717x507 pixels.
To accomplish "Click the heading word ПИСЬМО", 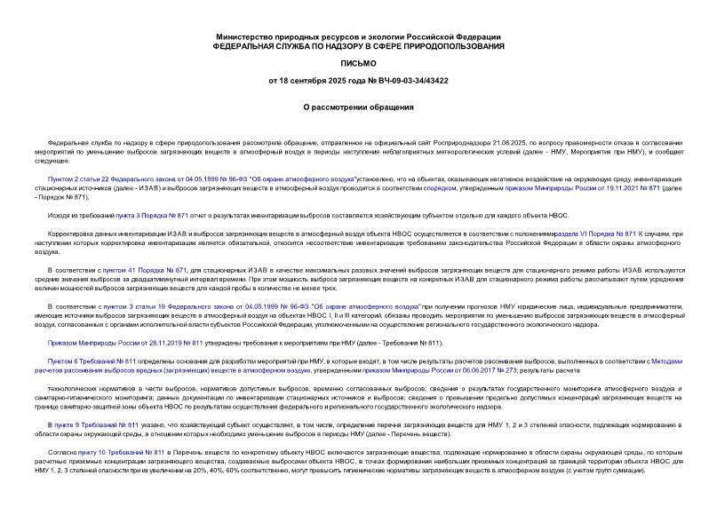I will (358, 64).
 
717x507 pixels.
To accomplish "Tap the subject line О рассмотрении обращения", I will (358, 107).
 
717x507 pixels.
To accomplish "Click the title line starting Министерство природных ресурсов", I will (358, 36).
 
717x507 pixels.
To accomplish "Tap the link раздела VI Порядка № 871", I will (599, 233).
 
